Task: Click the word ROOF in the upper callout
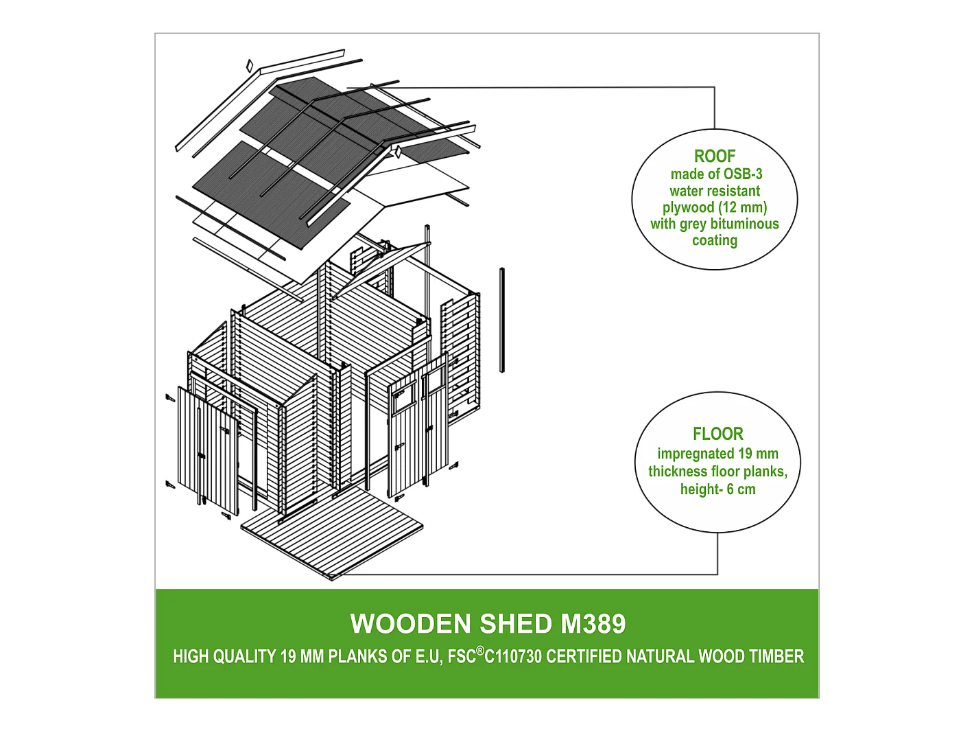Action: click(x=714, y=156)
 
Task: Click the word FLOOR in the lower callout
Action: click(x=717, y=434)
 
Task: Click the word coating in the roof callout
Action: click(x=714, y=240)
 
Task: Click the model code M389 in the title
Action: click(x=593, y=624)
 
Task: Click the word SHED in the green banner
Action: click(x=515, y=624)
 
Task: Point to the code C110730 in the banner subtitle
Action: click(x=513, y=657)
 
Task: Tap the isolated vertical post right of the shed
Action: click(x=502, y=320)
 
